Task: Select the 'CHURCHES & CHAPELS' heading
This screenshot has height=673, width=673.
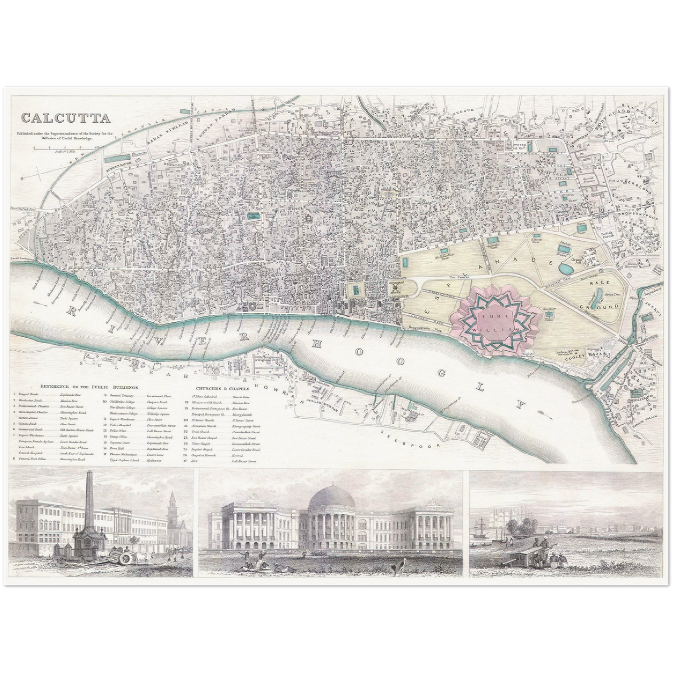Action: pyautogui.click(x=223, y=388)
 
